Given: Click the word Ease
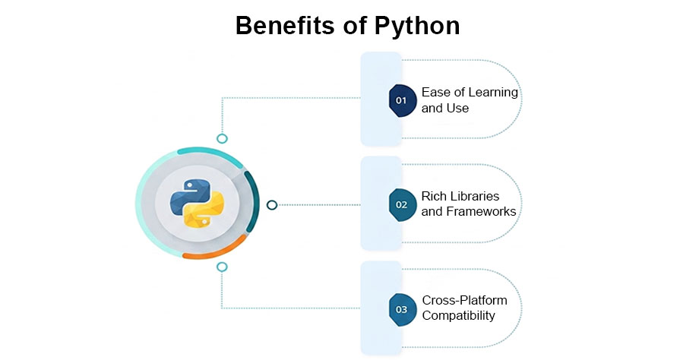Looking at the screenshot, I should click(x=435, y=93).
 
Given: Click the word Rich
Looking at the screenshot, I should click(x=435, y=196).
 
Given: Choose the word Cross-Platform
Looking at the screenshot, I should click(x=464, y=300).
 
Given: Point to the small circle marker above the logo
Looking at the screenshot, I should click(x=223, y=138).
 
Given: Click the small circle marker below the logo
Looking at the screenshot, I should click(x=222, y=267).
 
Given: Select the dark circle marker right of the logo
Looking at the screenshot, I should click(x=272, y=204).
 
